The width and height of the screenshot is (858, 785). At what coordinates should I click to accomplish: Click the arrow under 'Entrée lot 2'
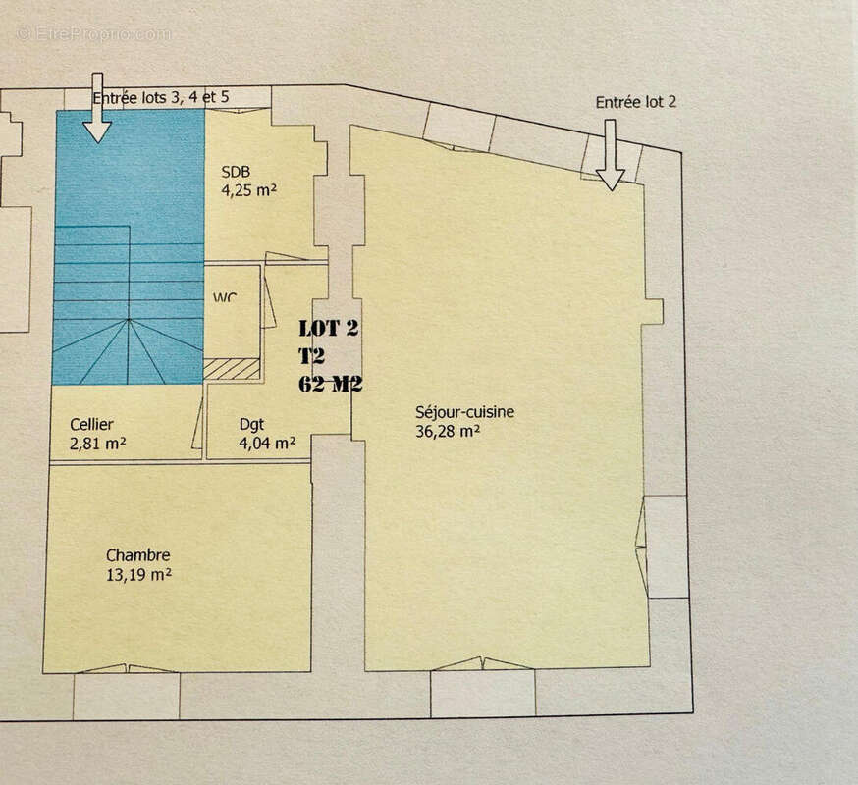click(x=610, y=154)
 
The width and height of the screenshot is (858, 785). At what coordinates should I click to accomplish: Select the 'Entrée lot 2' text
click(x=636, y=102)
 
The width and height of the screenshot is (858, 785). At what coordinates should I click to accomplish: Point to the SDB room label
click(x=236, y=171)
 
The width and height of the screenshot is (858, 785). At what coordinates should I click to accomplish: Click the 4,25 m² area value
click(x=248, y=190)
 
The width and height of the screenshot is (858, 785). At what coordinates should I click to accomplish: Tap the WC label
click(x=227, y=296)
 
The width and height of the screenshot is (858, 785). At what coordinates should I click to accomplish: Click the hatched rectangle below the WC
click(x=232, y=369)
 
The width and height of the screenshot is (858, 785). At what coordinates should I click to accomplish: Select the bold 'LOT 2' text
click(x=329, y=329)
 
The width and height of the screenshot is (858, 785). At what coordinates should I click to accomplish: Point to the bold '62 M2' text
click(x=331, y=384)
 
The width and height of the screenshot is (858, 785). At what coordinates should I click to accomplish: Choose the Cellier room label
click(x=91, y=424)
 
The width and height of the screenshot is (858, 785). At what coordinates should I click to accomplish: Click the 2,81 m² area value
click(x=98, y=443)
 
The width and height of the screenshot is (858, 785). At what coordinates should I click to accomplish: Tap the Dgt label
click(x=251, y=424)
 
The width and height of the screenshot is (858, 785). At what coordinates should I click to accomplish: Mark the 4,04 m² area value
click(x=267, y=443)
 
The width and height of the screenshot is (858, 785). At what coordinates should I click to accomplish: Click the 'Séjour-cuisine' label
click(x=464, y=412)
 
